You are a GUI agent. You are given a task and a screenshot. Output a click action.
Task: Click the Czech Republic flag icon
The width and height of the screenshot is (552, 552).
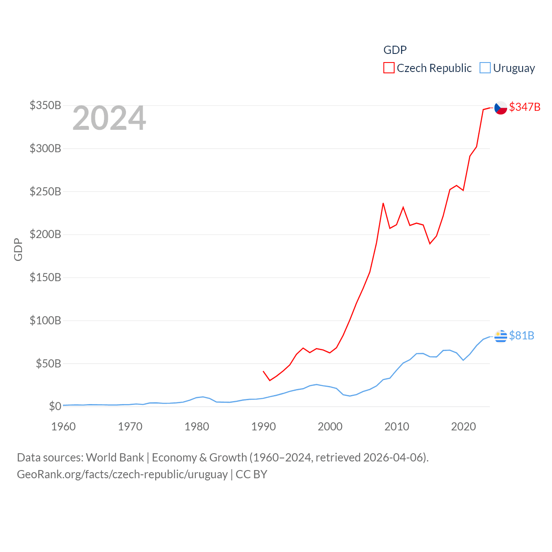500,108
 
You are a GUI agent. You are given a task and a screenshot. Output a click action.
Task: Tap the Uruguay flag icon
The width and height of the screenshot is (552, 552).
500,336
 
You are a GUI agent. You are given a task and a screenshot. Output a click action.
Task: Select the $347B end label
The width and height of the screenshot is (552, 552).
524,107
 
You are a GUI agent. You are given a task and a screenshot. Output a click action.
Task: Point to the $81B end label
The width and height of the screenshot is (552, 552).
521,336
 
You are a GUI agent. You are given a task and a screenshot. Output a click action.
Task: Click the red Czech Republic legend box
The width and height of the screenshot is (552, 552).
389,68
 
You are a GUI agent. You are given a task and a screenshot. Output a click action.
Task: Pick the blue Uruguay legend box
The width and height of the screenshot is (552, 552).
485,68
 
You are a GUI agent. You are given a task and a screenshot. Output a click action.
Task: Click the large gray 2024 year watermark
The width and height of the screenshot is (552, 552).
109,118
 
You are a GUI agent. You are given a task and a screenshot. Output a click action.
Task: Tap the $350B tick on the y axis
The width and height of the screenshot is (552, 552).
45,105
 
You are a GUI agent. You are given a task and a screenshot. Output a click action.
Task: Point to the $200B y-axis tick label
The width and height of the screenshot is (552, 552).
45,234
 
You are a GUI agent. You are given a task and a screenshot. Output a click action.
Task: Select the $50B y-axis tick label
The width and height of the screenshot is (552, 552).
48,364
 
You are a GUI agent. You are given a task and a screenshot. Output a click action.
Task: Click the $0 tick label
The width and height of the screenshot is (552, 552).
55,406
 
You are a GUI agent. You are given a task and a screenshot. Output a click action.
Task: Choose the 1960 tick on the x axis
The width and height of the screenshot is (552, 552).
63,427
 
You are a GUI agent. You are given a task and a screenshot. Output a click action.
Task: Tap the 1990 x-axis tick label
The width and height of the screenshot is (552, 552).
263,427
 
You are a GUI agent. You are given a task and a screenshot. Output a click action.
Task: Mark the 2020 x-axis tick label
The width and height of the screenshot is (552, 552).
463,427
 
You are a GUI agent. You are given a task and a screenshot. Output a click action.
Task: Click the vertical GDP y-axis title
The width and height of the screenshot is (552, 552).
18,249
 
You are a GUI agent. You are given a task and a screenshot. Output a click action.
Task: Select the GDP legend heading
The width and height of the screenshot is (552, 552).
395,50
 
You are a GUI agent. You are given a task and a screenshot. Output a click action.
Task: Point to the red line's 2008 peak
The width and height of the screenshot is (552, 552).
383,203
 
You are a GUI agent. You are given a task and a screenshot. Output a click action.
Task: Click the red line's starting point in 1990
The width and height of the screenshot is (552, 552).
263,371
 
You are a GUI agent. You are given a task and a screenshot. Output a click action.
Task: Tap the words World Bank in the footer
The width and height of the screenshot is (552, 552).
115,457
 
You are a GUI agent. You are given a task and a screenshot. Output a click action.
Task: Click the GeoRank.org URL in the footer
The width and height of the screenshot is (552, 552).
122,474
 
